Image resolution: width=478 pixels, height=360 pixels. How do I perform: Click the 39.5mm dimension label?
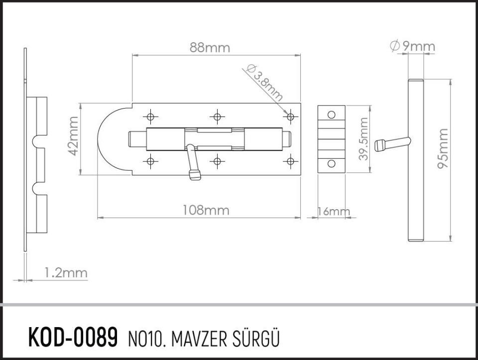[363, 139]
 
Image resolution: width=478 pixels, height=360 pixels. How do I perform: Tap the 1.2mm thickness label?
[65, 273]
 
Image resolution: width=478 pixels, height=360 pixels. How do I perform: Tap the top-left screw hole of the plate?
[150, 117]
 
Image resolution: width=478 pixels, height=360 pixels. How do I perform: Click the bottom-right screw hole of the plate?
[290, 161]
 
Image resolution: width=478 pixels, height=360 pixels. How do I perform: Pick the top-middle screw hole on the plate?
[217, 117]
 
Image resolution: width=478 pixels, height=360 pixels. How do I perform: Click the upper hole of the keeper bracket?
[331, 115]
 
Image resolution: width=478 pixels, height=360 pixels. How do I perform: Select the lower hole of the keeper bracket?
[331, 163]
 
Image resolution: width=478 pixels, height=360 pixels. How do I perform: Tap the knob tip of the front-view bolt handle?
[194, 175]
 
